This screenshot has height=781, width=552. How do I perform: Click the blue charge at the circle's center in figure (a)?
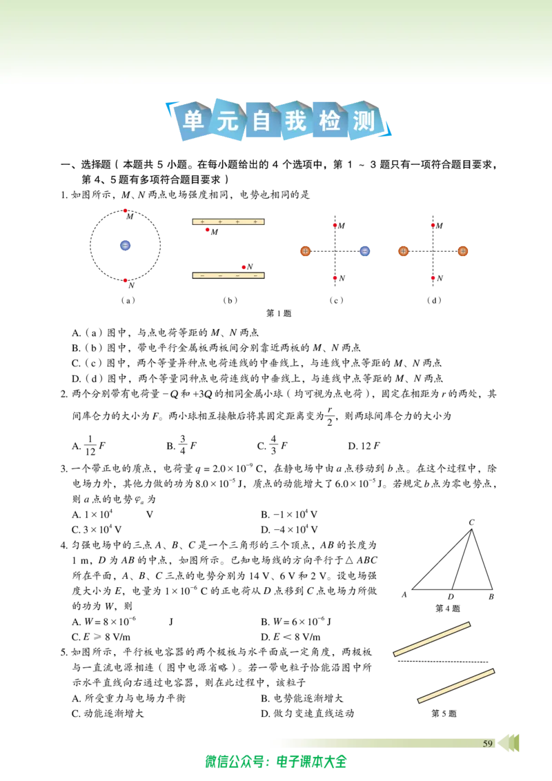coord(125,246)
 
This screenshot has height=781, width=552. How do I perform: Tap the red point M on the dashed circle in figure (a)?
coord(125,210)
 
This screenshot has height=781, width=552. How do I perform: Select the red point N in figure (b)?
coord(244,268)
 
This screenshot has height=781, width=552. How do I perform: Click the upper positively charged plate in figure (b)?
coord(228,221)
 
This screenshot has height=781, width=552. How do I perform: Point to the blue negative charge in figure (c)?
coord(365,252)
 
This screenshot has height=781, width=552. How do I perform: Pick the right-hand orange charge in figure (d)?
coord(463,252)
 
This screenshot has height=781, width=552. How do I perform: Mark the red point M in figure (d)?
coord(433,226)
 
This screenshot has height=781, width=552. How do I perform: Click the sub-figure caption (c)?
coord(336,300)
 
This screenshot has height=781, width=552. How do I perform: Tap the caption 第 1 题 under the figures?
coord(279,313)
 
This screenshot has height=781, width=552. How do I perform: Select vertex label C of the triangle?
coord(471,522)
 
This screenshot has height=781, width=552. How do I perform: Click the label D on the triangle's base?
coord(451,597)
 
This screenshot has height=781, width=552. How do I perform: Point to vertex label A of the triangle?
coord(404,595)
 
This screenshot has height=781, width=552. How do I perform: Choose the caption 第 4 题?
coord(447,608)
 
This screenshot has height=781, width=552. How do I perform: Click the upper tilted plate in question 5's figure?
coord(432,639)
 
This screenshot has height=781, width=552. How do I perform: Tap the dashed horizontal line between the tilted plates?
coord(443,662)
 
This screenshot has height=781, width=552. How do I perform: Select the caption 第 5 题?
coord(444,713)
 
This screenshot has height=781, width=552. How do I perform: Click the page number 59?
coord(488,744)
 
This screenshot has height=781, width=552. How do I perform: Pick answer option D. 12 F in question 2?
coord(364,446)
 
